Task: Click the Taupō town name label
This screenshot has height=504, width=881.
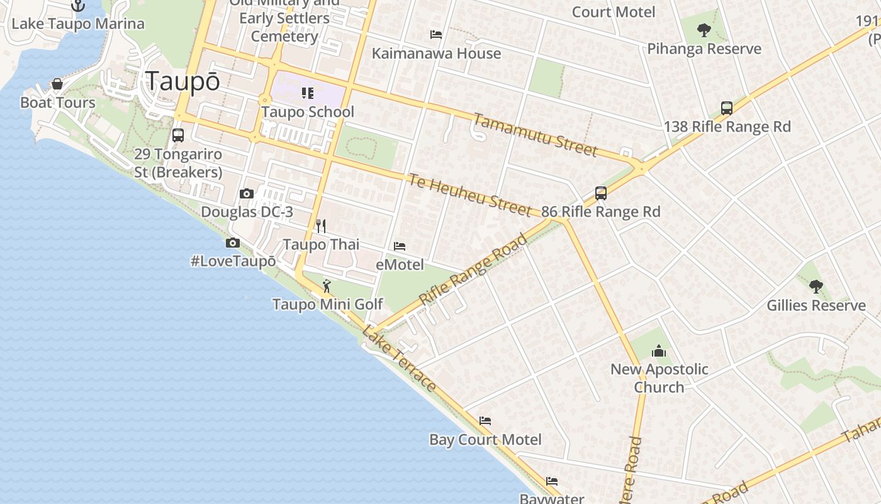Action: click(182, 82)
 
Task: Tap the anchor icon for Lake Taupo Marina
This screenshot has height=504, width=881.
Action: click(78, 6)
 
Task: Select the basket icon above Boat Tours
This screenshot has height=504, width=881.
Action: click(57, 84)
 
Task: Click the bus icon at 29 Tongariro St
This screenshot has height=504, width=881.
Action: click(178, 135)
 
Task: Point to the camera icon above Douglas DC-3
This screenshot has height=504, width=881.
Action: click(247, 193)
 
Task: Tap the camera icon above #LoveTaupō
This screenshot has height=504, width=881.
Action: click(232, 243)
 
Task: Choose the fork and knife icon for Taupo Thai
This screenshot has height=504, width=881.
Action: click(321, 226)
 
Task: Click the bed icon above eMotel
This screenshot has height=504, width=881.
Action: click(400, 246)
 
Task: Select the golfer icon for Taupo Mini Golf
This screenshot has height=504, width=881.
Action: click(327, 287)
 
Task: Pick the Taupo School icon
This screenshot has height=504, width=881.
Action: click(307, 93)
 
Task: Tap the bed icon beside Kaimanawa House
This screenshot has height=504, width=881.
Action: click(436, 35)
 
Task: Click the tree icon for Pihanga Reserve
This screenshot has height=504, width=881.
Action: click(704, 30)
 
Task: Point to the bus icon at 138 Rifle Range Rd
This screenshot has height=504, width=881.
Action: click(727, 108)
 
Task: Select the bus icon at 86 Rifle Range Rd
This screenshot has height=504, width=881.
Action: click(601, 193)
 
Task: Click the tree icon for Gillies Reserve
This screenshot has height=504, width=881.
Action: click(816, 287)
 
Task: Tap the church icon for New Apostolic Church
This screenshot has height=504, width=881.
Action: click(659, 350)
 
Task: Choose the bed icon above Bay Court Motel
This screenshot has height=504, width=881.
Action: click(485, 421)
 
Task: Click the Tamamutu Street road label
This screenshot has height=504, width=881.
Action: click(535, 134)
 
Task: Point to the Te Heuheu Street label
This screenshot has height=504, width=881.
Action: click(469, 195)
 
